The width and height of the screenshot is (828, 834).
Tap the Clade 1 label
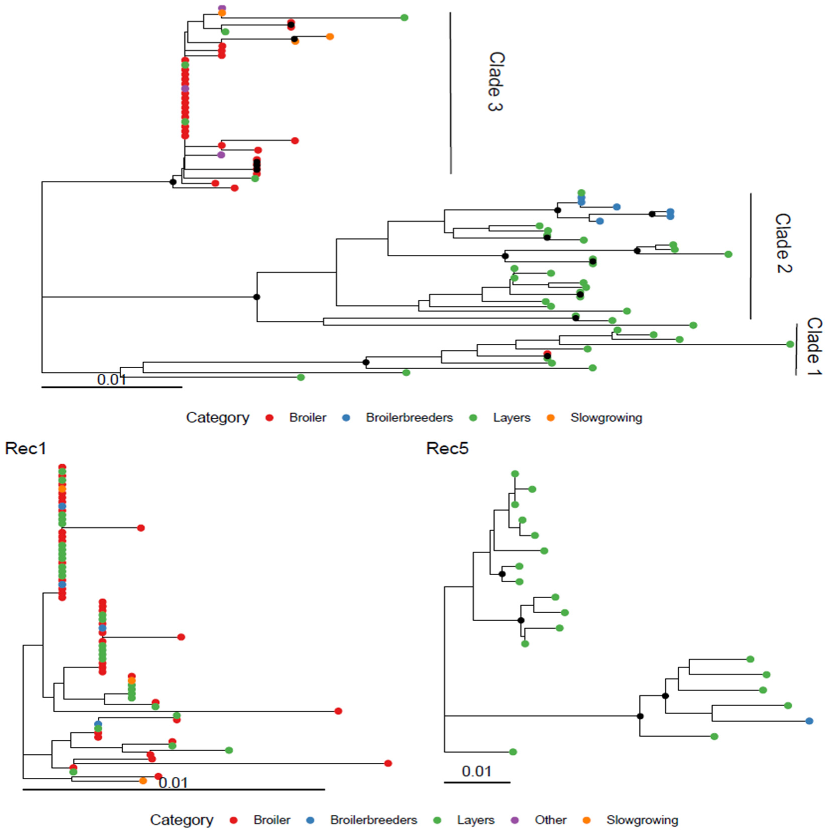click(x=814, y=347)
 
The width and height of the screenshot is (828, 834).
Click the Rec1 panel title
click(x=25, y=448)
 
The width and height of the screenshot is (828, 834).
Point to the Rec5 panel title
click(x=447, y=448)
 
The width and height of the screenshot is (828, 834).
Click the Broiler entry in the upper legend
click(x=307, y=418)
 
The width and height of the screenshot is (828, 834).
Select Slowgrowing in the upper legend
click(x=606, y=418)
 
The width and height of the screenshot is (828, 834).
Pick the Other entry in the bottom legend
click(x=550, y=820)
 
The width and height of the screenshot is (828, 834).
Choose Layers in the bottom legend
click(x=476, y=820)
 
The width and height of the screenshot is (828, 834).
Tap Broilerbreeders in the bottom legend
click(x=373, y=820)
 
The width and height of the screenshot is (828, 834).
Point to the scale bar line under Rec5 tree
click(x=477, y=782)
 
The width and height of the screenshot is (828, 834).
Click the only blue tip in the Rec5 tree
click(x=809, y=721)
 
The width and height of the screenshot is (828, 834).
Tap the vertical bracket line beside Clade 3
click(x=451, y=93)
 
